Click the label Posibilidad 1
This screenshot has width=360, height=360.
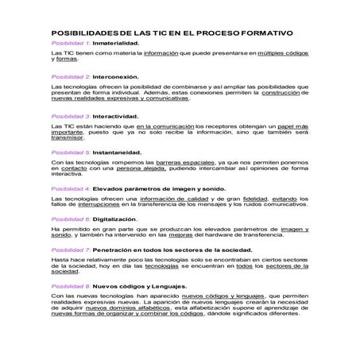pos(69,43)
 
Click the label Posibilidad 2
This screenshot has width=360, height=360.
pos(69,76)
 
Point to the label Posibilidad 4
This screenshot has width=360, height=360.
pos(69,188)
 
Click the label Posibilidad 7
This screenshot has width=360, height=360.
pos(69,250)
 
